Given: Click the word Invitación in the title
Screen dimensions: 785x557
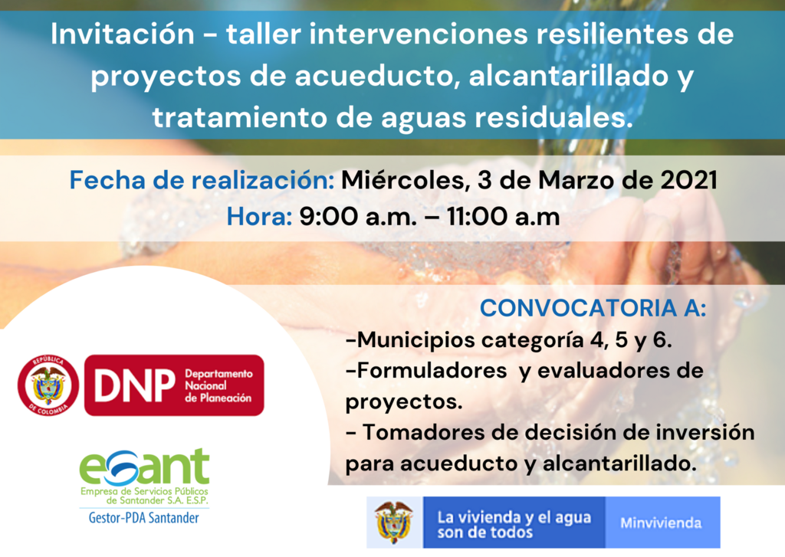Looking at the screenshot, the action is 123,34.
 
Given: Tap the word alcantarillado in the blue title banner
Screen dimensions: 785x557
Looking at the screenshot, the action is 568,76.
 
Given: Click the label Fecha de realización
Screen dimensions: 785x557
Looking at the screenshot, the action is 202,180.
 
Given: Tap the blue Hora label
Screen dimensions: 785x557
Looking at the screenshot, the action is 259,217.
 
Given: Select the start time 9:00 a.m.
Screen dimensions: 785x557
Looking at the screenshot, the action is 359,217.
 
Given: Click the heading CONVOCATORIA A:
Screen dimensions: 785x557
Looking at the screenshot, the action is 593,308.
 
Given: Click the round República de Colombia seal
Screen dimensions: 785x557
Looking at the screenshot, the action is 48,385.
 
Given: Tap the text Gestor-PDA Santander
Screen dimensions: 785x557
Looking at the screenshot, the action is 143,517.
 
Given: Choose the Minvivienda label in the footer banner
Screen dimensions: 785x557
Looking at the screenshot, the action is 661,523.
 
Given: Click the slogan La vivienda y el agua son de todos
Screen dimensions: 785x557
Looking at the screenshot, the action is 514,524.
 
